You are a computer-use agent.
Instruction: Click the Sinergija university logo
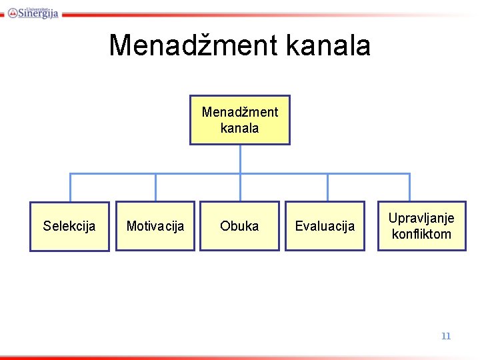click(x=34, y=11)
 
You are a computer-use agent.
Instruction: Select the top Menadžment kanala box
click(x=240, y=119)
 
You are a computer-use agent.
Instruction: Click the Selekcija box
click(x=69, y=226)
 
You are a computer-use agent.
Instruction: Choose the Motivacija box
click(x=155, y=226)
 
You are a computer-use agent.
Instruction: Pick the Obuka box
click(x=239, y=226)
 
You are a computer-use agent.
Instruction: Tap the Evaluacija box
click(x=325, y=226)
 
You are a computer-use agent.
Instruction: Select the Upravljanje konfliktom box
click(x=421, y=226)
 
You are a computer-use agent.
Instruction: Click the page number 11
click(x=446, y=336)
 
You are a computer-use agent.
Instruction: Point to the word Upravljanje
click(x=421, y=218)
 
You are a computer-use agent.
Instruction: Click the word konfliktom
click(x=421, y=234)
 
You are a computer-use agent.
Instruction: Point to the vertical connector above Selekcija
click(x=70, y=187)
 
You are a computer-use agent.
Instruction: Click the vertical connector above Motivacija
click(x=155, y=187)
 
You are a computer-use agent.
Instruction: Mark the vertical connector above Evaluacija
click(x=327, y=187)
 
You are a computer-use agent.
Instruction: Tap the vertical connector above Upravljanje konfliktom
click(x=410, y=187)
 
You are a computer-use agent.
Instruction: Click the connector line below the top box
click(x=240, y=159)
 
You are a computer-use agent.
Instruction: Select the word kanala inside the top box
click(x=240, y=128)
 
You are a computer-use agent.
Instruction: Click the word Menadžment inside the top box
click(x=240, y=111)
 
